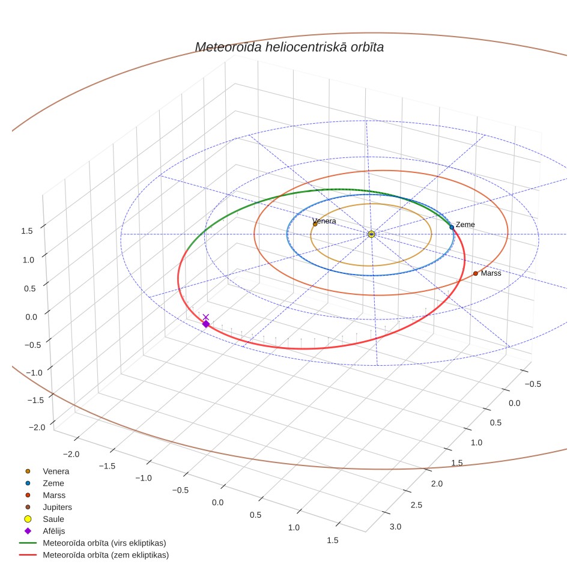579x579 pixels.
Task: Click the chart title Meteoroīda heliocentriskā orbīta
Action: [289, 47]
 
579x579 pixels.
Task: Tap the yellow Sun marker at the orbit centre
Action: [371, 234]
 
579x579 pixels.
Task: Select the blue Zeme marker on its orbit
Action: [452, 227]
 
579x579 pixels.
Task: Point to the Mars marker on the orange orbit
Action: [476, 274]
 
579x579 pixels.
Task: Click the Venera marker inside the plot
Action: [315, 224]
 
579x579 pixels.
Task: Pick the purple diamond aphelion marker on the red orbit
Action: [206, 324]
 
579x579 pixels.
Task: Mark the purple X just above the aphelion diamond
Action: [206, 317]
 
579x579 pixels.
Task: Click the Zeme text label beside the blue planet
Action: [465, 225]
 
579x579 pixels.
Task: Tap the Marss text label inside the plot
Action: [491, 273]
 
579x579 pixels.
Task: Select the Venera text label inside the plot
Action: [324, 221]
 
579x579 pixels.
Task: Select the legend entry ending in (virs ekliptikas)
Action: [93, 543]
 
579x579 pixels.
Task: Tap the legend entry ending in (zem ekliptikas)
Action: [94, 555]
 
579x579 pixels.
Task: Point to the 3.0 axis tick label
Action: [395, 527]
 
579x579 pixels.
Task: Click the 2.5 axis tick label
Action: [416, 505]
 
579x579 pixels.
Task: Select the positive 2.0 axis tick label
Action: [437, 484]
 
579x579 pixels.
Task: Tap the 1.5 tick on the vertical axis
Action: [27, 231]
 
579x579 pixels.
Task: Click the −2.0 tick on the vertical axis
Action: [37, 427]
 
